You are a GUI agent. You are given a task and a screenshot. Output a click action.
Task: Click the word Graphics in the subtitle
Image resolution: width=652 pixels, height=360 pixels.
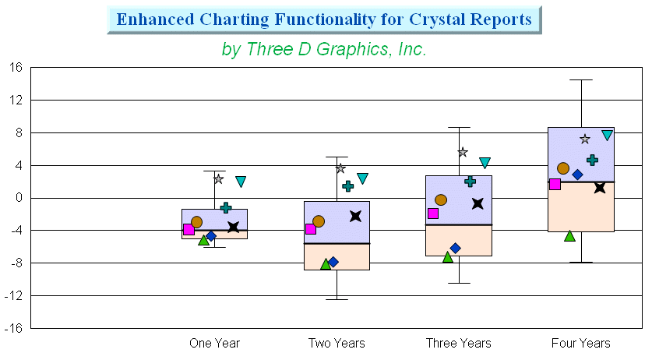coord(352,49)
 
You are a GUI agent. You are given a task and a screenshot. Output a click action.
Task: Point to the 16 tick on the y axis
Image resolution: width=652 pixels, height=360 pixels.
coord(16,68)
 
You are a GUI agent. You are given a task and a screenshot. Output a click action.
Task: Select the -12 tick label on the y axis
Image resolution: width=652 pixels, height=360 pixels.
coord(13,296)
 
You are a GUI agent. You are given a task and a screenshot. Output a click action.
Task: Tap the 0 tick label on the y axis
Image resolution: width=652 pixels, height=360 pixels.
coord(19,198)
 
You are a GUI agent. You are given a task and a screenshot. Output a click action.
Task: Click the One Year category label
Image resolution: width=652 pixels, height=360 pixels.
coord(214,344)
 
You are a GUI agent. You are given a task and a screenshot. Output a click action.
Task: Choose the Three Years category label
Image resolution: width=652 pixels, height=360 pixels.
coord(459,344)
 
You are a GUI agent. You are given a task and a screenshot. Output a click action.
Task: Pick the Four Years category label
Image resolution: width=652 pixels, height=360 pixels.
coord(581,344)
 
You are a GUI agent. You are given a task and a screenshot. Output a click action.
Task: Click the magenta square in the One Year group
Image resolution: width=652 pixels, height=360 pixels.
coord(189,229)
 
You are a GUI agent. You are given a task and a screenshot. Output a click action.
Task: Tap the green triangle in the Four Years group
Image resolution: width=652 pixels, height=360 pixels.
coord(569,236)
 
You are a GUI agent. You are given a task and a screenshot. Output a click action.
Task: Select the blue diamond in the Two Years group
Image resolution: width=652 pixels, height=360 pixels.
coord(333,262)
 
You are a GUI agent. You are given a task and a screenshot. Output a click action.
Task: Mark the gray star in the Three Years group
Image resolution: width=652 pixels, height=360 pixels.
coord(463,152)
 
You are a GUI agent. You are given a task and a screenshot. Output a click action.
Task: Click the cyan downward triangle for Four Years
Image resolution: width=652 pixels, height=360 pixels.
coord(607,135)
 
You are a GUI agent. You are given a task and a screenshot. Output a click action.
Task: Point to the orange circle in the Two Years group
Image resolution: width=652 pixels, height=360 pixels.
coord(319,221)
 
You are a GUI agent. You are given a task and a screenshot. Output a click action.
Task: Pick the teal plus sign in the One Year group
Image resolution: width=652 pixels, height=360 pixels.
coord(226,208)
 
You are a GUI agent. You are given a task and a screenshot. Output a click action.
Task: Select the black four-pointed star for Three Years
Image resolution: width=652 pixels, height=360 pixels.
coord(478,203)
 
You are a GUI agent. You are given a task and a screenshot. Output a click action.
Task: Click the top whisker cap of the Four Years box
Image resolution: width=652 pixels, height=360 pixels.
coord(581,80)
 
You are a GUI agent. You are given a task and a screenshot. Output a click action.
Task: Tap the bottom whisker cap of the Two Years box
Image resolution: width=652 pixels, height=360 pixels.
coord(337,300)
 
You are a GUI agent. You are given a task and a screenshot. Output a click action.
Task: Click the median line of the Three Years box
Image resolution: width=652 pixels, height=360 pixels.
coord(459,225)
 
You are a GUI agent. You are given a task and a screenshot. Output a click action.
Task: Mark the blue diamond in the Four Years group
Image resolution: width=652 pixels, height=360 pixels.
coord(577,175)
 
